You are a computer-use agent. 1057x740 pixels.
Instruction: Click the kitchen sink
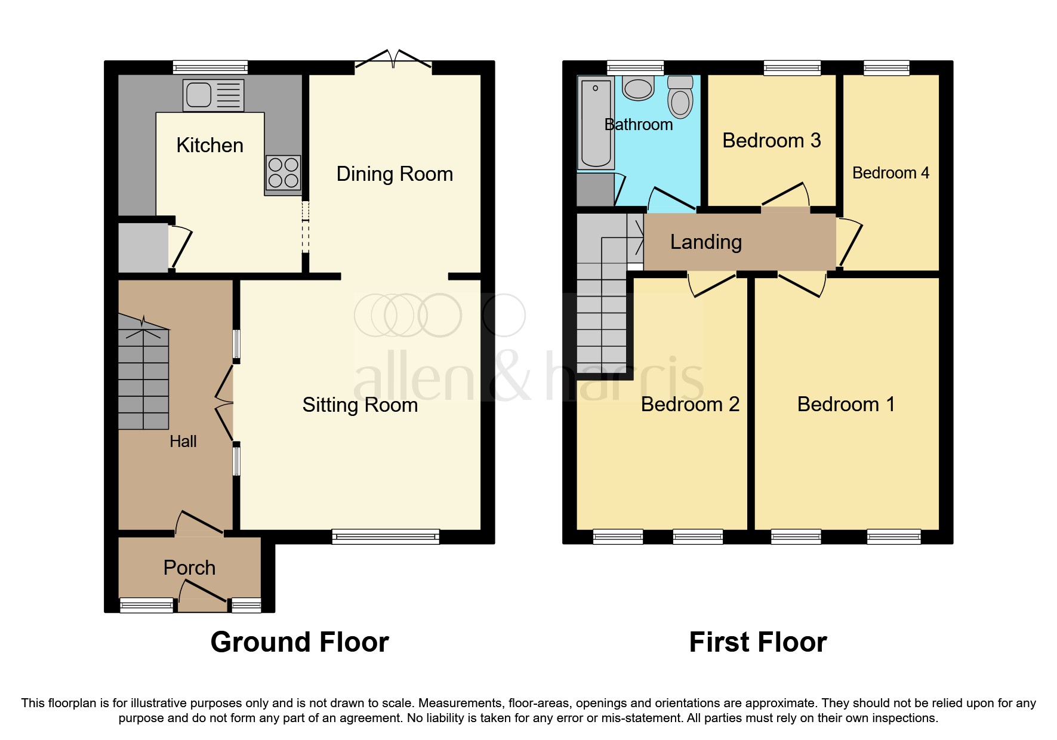point(213,95)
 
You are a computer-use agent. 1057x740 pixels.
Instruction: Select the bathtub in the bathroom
point(596,124)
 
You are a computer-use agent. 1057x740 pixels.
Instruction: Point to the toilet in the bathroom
point(680,97)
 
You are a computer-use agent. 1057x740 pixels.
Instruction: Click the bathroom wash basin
point(639,88)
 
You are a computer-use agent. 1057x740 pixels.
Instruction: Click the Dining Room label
point(395,174)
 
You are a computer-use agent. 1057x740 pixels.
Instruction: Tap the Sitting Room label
point(360,405)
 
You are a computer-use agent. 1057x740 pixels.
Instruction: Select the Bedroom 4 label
point(890,173)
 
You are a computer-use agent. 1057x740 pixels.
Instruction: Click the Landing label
point(706,242)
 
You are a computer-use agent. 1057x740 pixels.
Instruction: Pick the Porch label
point(189,568)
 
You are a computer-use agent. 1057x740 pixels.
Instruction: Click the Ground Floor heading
point(300,642)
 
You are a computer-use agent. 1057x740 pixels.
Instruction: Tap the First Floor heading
point(758,642)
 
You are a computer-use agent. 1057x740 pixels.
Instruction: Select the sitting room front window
point(386,536)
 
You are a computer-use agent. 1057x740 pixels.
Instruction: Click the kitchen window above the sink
point(210,67)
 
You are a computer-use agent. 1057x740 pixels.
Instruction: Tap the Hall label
point(183,442)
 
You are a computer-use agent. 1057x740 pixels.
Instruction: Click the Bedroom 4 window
point(886,67)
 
